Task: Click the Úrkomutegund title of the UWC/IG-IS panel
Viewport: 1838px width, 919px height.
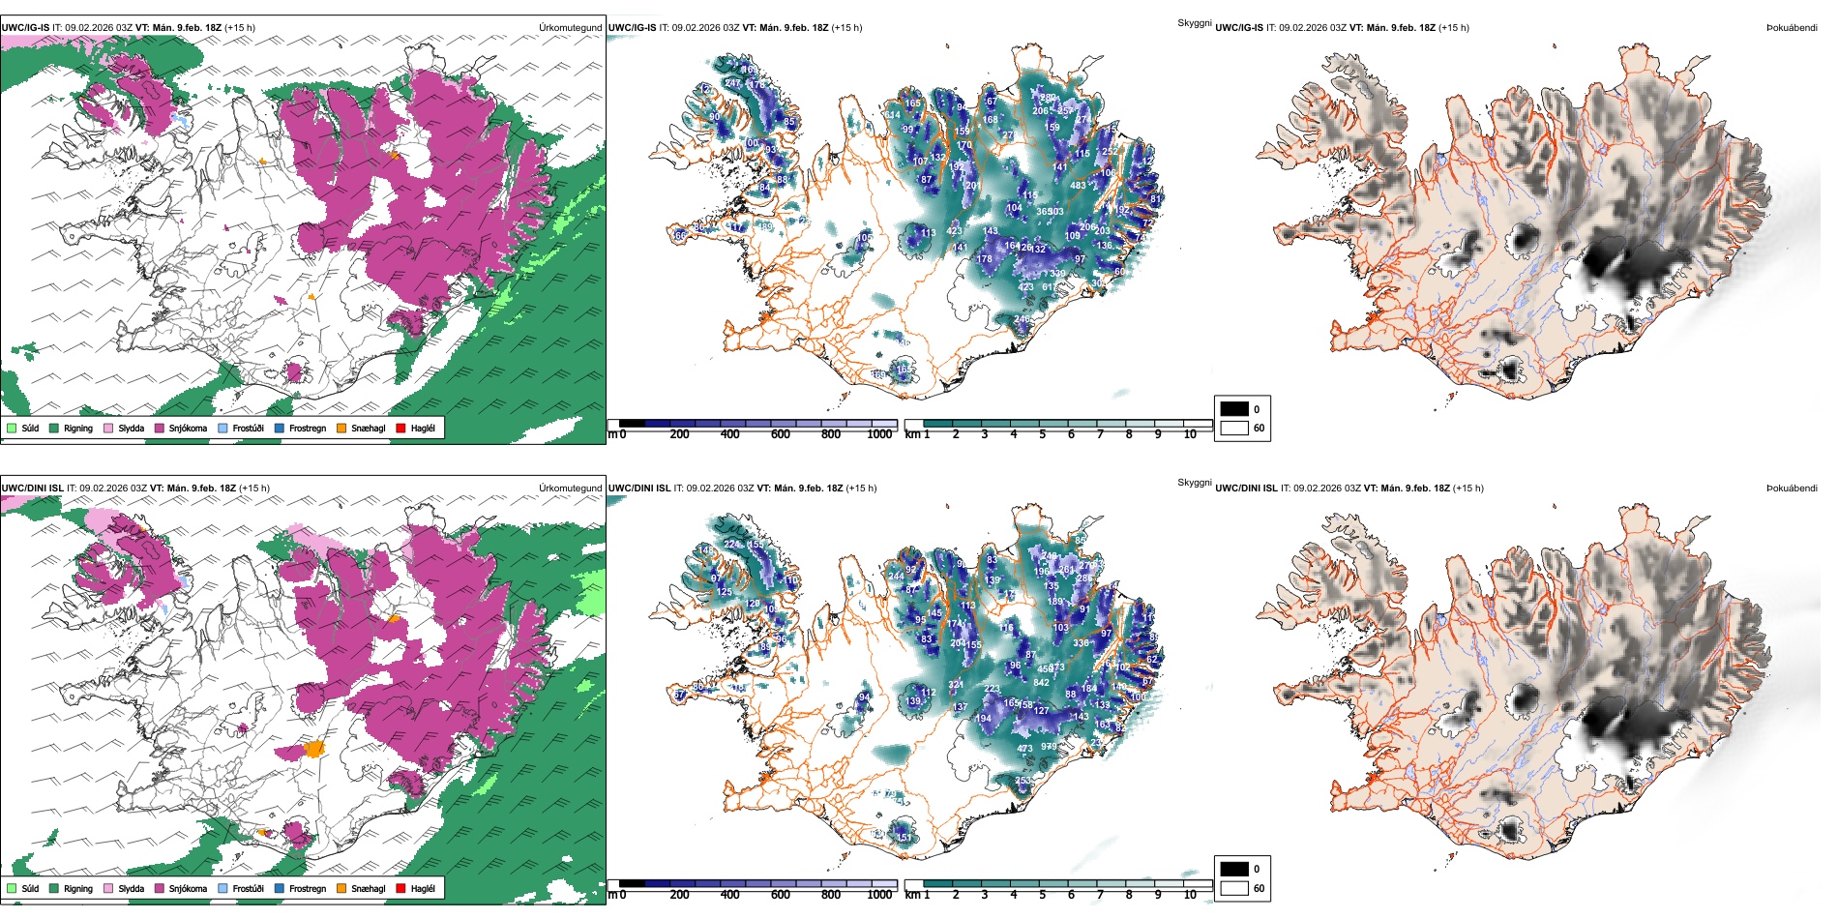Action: pos(570,28)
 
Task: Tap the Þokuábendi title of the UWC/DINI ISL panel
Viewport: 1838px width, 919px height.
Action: pos(1792,489)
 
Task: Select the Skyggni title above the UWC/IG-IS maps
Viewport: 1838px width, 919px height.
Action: pos(1194,22)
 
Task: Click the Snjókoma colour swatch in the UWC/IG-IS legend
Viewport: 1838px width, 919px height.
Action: pos(160,428)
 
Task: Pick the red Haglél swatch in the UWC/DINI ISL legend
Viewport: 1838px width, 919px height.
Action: pos(400,888)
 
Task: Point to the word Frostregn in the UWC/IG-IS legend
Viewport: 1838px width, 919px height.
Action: pos(307,428)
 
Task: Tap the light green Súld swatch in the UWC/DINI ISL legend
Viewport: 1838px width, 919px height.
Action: pos(12,888)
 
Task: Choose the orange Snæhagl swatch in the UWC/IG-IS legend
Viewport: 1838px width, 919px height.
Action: pos(341,428)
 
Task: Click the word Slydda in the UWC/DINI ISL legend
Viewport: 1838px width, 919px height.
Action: pos(131,888)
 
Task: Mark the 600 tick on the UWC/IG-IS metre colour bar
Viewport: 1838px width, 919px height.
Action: pos(780,434)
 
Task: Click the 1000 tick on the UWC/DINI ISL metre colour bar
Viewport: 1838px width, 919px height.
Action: pos(879,895)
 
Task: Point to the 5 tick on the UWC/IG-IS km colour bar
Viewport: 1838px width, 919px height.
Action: pos(1042,434)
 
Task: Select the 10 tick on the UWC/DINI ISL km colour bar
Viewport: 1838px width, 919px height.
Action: pos(1190,895)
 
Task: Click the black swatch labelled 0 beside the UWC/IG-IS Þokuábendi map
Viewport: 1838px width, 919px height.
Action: pos(1234,409)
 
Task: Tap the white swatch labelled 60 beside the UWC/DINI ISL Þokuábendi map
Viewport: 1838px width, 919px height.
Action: pos(1234,888)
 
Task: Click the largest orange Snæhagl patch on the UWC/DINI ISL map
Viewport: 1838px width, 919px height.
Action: pos(313,748)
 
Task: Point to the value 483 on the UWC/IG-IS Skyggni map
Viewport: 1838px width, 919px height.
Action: pos(1078,186)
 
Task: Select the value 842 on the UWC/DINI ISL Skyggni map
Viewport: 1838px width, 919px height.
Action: pos(1041,682)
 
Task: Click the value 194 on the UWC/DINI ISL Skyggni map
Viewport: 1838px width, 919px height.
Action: pos(983,719)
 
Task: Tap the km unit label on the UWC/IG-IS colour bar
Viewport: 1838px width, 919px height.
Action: pos(912,434)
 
